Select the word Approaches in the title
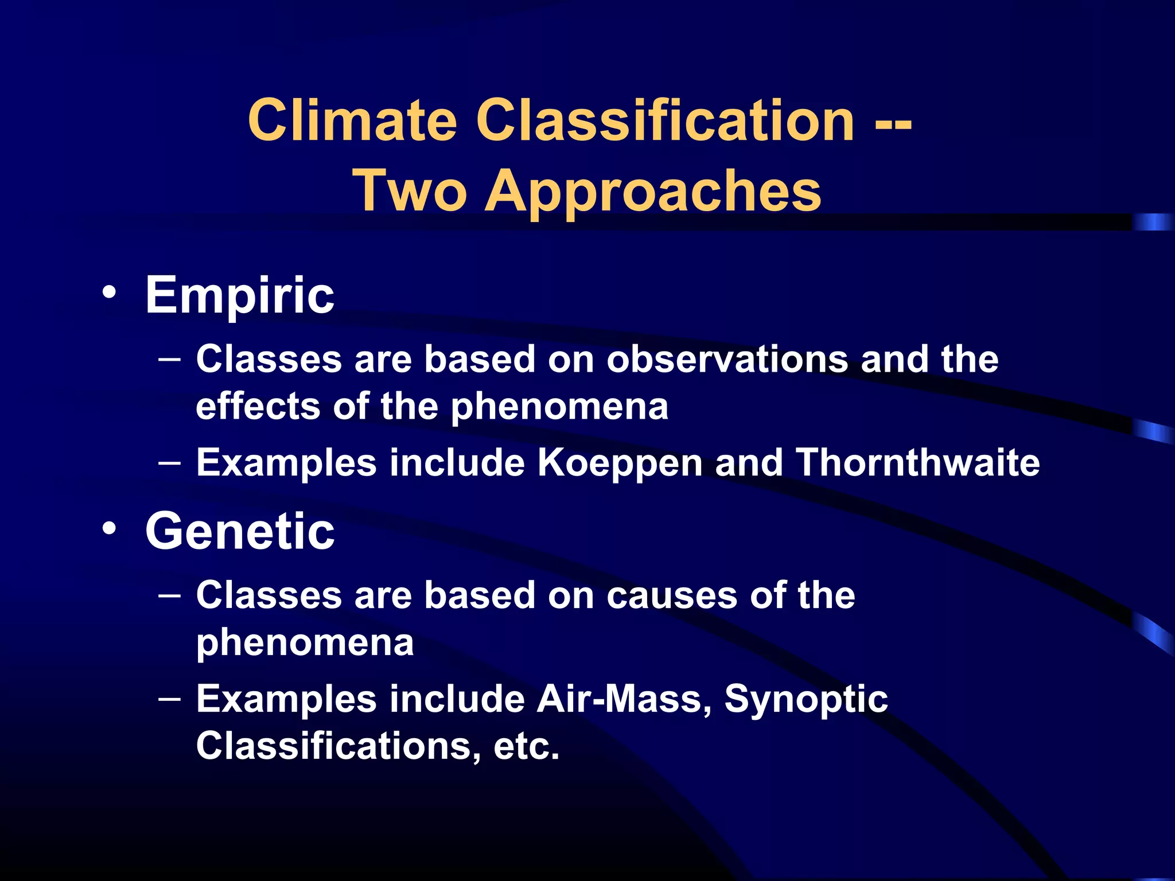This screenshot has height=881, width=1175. [x=653, y=192]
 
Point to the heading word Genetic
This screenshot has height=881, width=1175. [x=239, y=532]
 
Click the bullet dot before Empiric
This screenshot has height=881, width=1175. [x=109, y=293]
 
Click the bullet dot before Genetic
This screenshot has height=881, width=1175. [x=109, y=528]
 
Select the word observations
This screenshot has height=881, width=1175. [x=727, y=360]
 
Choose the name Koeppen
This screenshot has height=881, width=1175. [x=620, y=463]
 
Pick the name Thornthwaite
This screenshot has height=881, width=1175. [x=917, y=462]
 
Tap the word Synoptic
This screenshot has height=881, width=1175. [x=806, y=700]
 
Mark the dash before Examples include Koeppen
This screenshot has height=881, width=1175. [x=169, y=462]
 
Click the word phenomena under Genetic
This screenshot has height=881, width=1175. [x=305, y=642]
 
